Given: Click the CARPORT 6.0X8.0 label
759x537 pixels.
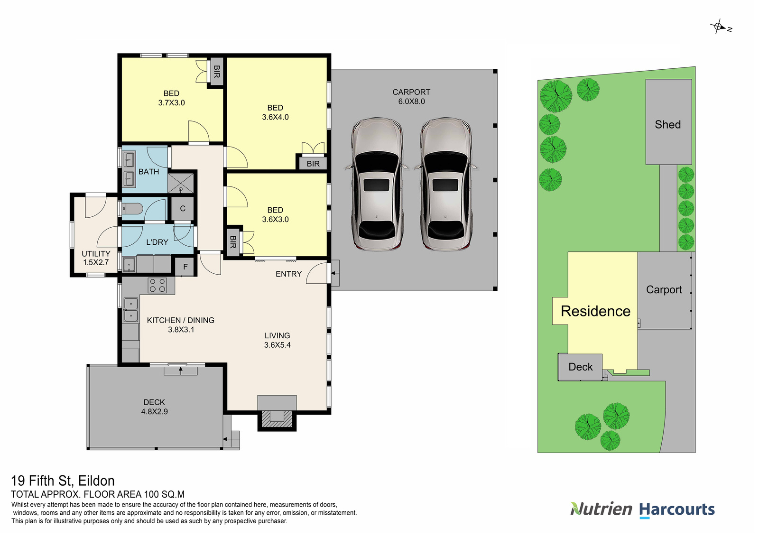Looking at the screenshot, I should click(x=411, y=97).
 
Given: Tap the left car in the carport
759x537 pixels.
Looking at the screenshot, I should click(x=377, y=184).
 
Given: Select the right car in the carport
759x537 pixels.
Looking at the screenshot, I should click(x=445, y=184).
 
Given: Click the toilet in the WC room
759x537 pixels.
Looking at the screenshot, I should click(x=133, y=209).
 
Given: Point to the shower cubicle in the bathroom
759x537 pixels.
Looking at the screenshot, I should click(x=181, y=183).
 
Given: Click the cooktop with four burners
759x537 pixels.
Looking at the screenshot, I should click(x=157, y=285).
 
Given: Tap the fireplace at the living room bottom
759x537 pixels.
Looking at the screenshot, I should click(x=277, y=416).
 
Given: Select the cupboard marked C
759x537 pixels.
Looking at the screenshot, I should click(x=183, y=209).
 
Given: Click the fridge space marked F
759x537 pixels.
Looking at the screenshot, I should click(x=185, y=267).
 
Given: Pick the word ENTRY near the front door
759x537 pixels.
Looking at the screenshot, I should click(x=288, y=274).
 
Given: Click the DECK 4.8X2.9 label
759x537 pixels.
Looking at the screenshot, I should click(x=154, y=407).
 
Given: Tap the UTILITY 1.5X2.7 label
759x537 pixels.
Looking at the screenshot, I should click(x=96, y=258).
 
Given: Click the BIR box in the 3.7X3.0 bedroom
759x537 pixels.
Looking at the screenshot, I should click(x=217, y=72).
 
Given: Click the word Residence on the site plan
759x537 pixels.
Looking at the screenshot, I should click(x=595, y=311).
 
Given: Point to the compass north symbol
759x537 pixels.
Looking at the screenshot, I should click(x=719, y=27).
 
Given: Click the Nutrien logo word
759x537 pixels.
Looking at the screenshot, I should click(x=602, y=509).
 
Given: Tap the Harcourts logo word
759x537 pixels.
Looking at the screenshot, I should click(x=677, y=509).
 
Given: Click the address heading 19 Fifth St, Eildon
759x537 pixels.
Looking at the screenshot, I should click(x=63, y=481).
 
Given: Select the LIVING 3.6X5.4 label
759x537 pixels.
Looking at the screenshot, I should click(x=278, y=340).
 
